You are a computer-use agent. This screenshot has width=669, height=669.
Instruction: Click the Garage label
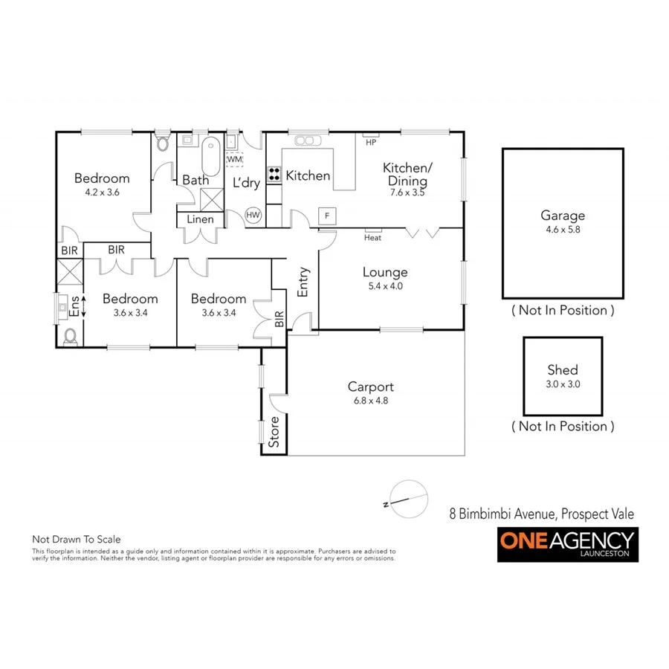(x=562, y=216)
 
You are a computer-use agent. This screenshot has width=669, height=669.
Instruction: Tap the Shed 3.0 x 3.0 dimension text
(x=562, y=384)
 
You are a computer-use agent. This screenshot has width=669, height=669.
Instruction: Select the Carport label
(x=370, y=387)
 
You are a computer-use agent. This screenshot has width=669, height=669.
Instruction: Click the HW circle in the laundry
(x=253, y=215)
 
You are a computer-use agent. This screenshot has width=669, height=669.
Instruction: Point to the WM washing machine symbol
(x=234, y=159)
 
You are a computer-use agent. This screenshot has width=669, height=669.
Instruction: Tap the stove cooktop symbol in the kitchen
(x=274, y=175)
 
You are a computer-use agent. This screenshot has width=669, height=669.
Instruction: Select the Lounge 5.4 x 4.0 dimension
(x=385, y=285)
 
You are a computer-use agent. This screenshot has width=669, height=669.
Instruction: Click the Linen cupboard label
(x=200, y=219)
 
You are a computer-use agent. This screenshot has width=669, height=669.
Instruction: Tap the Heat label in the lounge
(x=372, y=238)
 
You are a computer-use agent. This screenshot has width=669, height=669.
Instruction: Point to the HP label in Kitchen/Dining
(x=370, y=142)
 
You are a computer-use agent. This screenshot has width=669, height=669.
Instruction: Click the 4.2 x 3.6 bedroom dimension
(x=102, y=192)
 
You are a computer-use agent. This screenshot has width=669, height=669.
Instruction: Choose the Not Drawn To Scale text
(x=76, y=539)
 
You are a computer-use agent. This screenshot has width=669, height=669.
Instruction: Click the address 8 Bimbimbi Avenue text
(x=542, y=514)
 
